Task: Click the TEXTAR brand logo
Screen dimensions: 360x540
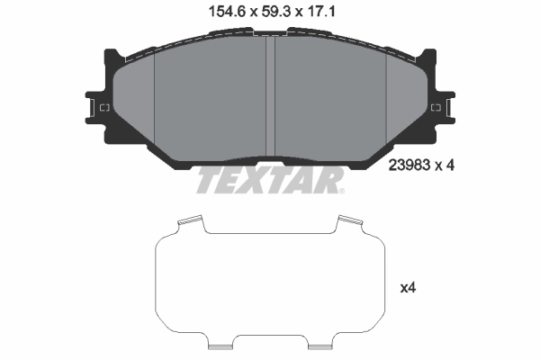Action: pyautogui.click(x=269, y=180)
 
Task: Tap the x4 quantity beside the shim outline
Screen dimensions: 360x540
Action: pyautogui.click(x=409, y=288)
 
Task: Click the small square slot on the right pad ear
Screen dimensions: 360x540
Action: pyautogui.click(x=436, y=109)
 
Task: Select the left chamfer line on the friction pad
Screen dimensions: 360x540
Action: pyautogui.click(x=155, y=99)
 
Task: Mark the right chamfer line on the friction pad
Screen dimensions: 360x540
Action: pyautogui.click(x=386, y=99)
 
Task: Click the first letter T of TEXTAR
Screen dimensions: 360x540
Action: pyautogui.click(x=207, y=180)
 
